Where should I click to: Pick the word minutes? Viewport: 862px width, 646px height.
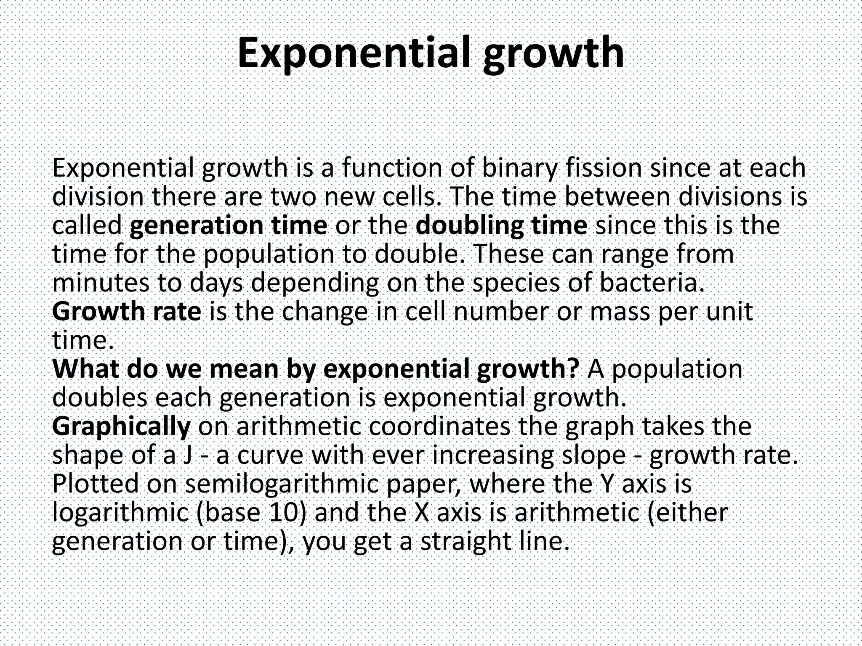[x=101, y=283]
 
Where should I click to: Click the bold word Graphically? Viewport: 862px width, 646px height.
[x=121, y=427]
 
